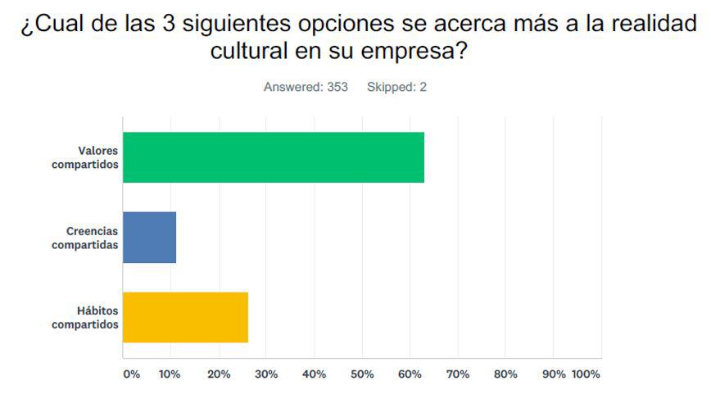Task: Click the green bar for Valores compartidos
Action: click(274, 157)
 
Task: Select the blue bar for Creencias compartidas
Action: click(149, 238)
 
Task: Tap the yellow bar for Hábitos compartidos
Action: click(185, 317)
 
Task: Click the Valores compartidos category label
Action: click(85, 157)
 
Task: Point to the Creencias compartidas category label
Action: click(85, 238)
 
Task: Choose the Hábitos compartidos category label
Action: click(85, 317)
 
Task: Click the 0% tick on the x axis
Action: click(131, 374)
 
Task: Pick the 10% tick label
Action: click(170, 374)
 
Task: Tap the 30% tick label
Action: click(266, 374)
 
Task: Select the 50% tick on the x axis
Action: click(362, 374)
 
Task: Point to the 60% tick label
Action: click(410, 374)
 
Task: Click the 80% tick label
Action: click(505, 374)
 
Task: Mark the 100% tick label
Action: click(586, 374)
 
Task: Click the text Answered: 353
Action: click(306, 88)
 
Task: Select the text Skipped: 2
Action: click(396, 88)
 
